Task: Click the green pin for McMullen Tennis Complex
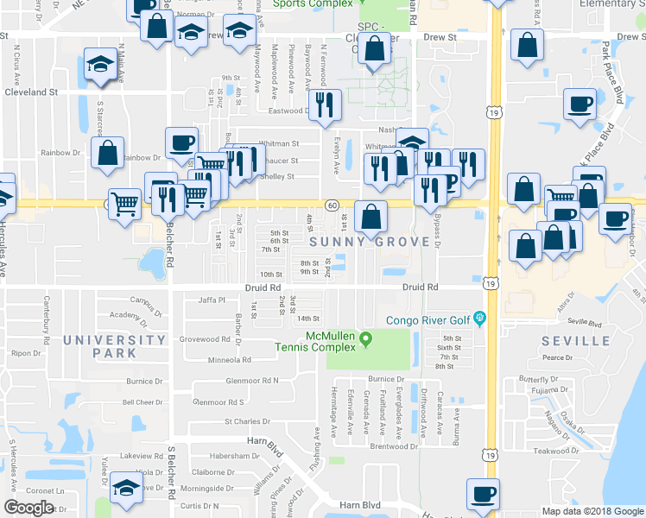(365, 338)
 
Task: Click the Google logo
(28, 508)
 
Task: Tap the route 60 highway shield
(332, 205)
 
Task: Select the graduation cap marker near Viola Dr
(126, 488)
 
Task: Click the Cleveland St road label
(31, 90)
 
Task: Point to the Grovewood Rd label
(203, 339)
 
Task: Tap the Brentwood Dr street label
(394, 446)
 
